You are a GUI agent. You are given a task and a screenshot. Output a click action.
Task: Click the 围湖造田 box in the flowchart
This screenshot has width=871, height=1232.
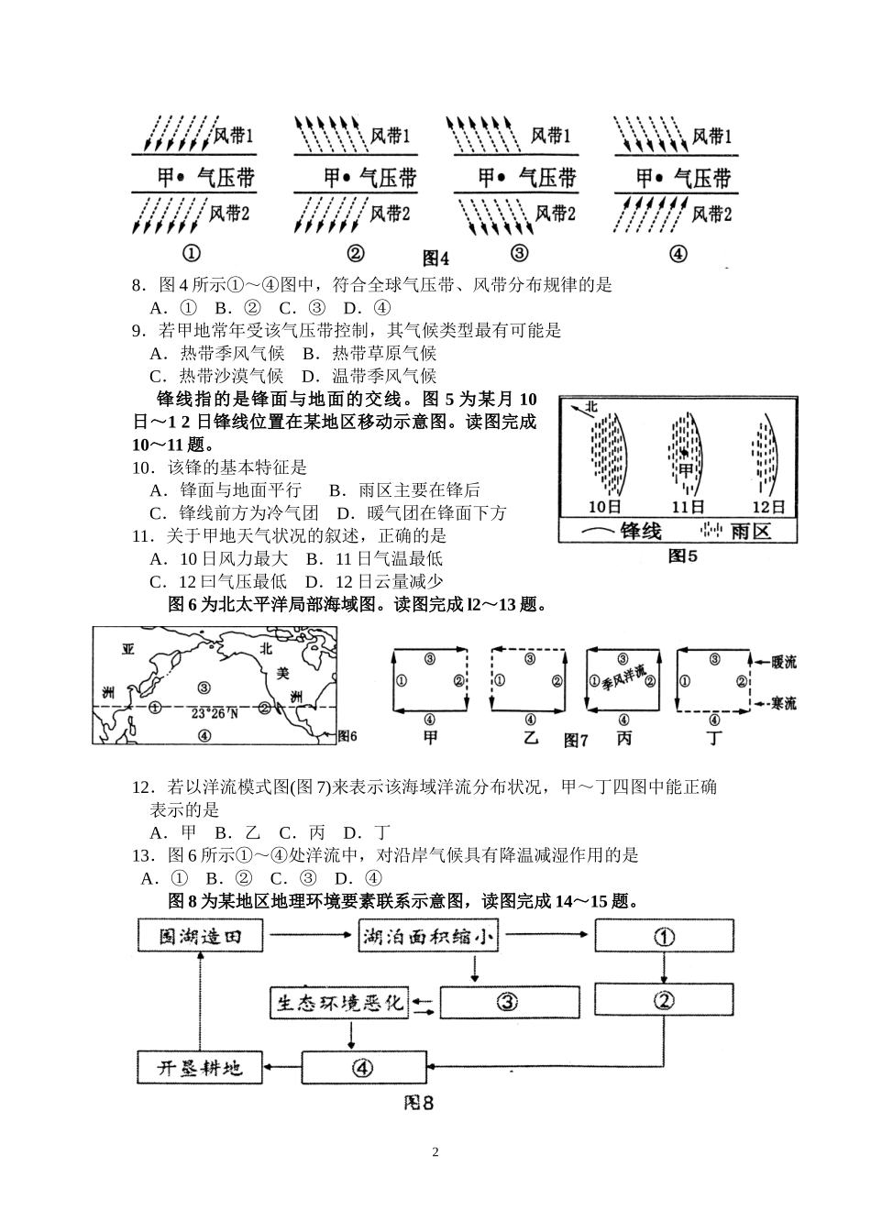200,937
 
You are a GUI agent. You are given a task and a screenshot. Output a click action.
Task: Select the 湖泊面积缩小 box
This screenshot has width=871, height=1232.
427,937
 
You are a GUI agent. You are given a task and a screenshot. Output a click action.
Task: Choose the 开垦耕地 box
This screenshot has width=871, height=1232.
200,1068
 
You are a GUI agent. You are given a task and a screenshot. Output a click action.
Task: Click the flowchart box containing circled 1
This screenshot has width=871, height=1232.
664,937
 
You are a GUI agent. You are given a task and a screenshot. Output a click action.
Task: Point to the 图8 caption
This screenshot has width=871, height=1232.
418,1103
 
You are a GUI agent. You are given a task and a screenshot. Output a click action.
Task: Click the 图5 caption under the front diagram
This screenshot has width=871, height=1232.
682,555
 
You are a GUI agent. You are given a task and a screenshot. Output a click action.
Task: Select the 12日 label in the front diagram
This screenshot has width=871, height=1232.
768,506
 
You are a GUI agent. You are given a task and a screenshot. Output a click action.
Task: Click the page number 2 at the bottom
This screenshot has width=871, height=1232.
435,1152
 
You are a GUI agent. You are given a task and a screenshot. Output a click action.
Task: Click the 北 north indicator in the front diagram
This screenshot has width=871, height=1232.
591,406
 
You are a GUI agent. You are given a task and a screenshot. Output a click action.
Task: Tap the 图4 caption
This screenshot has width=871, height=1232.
435,258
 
